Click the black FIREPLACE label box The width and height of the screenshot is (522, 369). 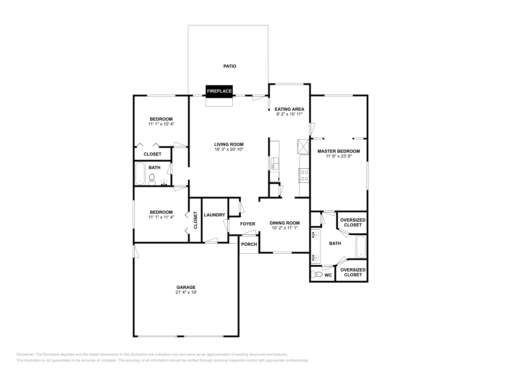pos(219,91)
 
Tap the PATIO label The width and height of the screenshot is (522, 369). pos(229,66)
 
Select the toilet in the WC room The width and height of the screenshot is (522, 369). pos(316,274)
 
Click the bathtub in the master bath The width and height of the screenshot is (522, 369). pos(361,247)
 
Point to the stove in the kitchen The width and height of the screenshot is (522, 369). pos(304,175)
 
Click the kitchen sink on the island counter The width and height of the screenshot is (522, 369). pos(274,163)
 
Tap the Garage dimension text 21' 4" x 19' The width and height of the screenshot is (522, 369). pos(186,292)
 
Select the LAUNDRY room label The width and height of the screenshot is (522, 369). pos(214,215)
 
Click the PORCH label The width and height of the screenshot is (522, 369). pos(249,244)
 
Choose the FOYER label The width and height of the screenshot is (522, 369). pos(247,224)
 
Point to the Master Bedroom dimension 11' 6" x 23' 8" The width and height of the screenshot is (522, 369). pos(339,156)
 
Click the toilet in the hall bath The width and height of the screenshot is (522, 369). pos(152,179)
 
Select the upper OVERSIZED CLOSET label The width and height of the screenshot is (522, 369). pos(353,222)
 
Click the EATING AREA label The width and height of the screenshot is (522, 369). pos(289,109)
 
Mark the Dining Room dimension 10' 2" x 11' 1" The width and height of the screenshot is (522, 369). pos(284,228)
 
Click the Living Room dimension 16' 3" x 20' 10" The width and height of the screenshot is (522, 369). pos(229,149)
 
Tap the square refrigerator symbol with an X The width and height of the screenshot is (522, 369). pos(302,146)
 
